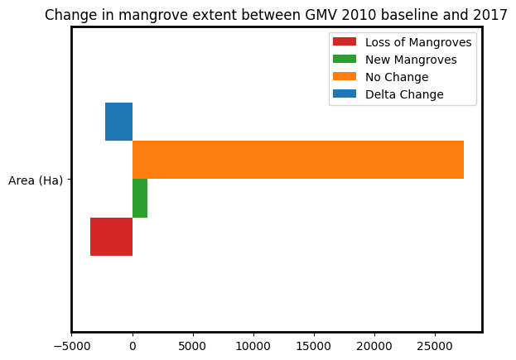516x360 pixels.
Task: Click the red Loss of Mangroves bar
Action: tap(111, 237)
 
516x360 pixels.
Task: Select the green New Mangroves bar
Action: tap(140, 199)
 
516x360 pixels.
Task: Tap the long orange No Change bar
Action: tap(298, 160)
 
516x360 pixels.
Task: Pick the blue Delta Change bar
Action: tap(118, 122)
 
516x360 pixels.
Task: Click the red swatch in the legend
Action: tap(344, 42)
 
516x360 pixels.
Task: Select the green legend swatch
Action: tap(344, 60)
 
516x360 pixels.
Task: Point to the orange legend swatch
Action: tap(344, 77)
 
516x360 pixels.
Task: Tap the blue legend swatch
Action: tap(344, 94)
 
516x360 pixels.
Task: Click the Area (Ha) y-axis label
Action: tap(36, 180)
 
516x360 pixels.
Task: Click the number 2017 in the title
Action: tap(492, 15)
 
